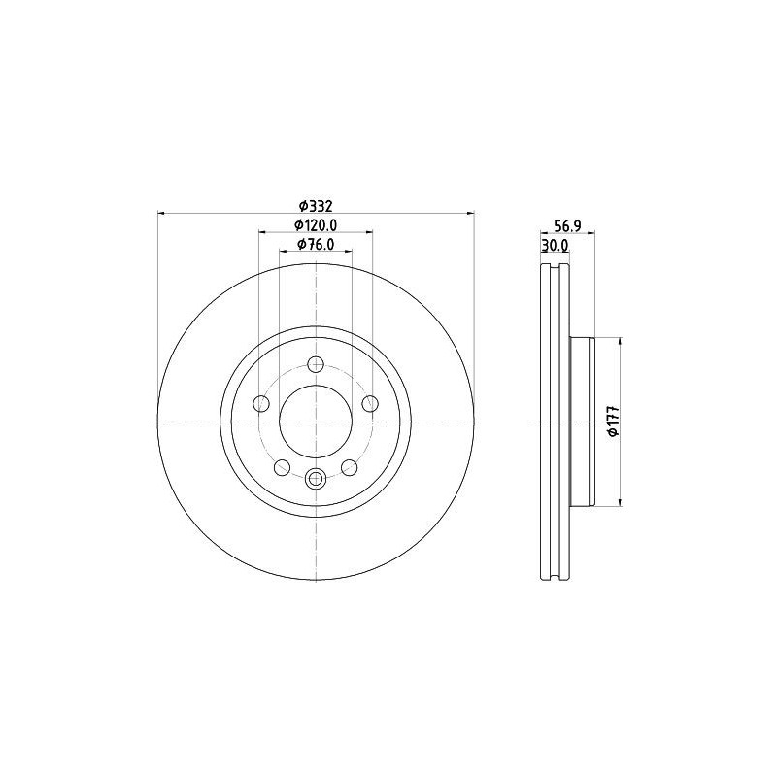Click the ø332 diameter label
coord(316,205)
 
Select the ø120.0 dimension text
coord(316,225)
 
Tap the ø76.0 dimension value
coord(316,245)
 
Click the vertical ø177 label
coord(613,421)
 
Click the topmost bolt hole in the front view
coord(315,365)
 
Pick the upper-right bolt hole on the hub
coord(368,403)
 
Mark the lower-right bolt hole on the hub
coord(349,467)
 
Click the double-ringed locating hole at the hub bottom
coord(316,478)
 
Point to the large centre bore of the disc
coord(316,421)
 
